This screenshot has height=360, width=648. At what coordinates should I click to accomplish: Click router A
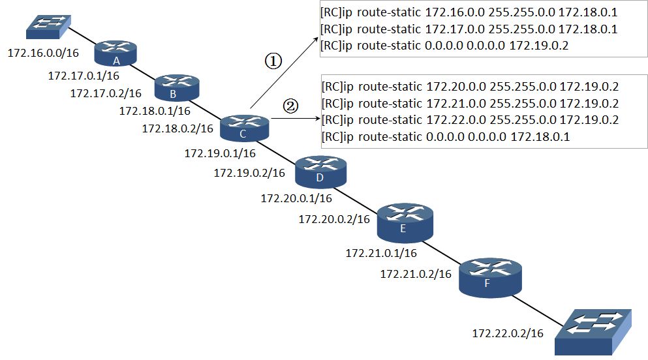point(116,53)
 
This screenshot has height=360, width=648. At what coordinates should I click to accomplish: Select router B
point(177,87)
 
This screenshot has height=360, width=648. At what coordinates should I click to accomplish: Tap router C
point(244,128)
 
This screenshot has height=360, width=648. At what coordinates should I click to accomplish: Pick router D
point(320,172)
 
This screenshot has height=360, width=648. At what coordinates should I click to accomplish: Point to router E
point(405,223)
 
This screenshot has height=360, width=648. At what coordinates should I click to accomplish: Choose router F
point(490,277)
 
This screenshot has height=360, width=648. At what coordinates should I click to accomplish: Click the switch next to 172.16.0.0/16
point(48,27)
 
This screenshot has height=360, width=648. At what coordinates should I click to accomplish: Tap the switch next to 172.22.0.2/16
point(593,332)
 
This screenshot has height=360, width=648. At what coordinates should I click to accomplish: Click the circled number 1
point(273,61)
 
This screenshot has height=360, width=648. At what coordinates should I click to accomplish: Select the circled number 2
point(290,106)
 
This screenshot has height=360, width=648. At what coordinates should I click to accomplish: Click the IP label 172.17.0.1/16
point(84,76)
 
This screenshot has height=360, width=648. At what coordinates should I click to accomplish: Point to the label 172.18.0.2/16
point(177,128)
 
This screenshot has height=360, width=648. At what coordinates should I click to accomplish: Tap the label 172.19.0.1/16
point(220,153)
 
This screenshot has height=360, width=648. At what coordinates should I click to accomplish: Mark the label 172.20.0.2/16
point(334,219)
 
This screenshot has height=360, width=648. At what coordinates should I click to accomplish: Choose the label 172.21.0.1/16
point(381,252)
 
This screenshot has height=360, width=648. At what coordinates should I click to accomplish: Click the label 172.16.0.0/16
point(43,53)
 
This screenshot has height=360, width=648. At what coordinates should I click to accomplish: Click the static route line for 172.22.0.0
point(471,120)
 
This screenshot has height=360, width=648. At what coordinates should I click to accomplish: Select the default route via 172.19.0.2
point(444,46)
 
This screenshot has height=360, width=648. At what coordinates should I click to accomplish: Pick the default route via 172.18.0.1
point(446,137)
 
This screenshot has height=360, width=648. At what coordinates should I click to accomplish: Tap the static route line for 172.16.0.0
point(469,12)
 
